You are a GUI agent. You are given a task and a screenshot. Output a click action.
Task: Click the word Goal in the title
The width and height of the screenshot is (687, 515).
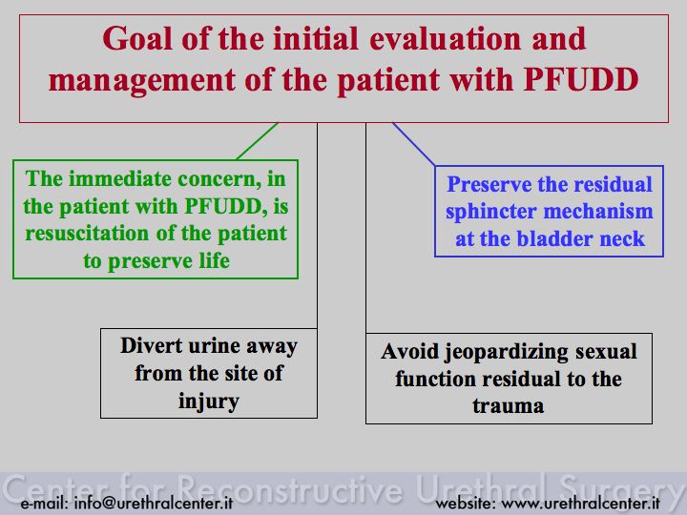pyautogui.click(x=138, y=38)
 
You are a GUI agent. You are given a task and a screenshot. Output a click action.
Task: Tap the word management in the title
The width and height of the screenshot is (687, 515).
pyautogui.click(x=142, y=80)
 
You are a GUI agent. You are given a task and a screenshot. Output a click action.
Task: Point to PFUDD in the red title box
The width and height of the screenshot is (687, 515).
pyautogui.click(x=581, y=79)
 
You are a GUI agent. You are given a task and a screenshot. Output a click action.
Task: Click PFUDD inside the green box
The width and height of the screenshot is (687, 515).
pyautogui.click(x=223, y=206)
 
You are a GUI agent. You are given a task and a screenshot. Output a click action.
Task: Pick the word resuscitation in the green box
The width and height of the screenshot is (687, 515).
pyautogui.click(x=87, y=233)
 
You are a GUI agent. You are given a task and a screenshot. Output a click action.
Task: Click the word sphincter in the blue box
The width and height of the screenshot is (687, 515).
pyautogui.click(x=490, y=213)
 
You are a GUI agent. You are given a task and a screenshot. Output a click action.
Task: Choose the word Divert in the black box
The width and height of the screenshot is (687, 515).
pyautogui.click(x=151, y=345)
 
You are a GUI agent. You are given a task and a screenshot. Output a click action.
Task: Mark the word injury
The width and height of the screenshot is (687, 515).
pyautogui.click(x=209, y=402)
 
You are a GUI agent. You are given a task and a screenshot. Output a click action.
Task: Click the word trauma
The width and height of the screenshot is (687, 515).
pyautogui.click(x=509, y=406)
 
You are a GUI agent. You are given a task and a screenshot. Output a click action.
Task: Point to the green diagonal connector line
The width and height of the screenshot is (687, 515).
pyautogui.click(x=258, y=141)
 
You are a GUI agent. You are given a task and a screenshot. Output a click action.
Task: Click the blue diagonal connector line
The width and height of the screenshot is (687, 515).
pyautogui.click(x=414, y=144)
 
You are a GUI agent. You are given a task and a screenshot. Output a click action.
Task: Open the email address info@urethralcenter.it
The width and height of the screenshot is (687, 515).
pyautogui.click(x=153, y=503)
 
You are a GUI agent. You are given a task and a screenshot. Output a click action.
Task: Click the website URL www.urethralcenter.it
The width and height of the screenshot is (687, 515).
pyautogui.click(x=580, y=503)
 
